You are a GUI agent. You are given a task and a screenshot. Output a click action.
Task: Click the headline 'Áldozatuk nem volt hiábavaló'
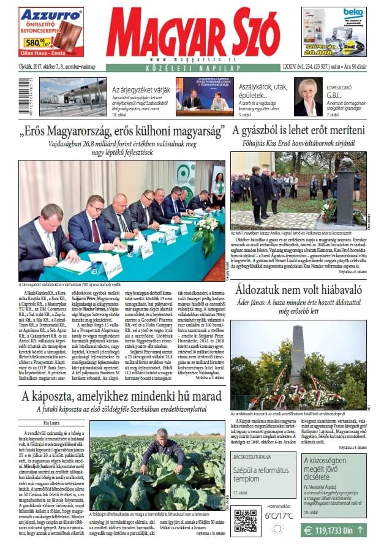(x=304, y=289)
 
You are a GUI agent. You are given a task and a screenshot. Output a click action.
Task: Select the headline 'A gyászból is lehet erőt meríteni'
(x=298, y=130)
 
